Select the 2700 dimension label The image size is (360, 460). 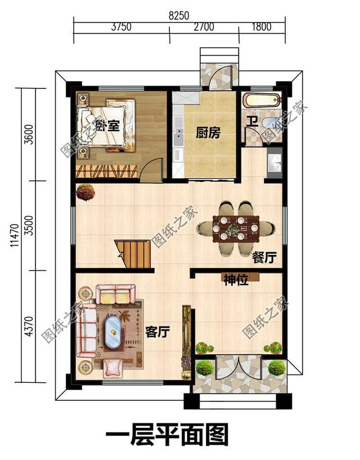point(204,26)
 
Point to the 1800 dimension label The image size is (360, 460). point(261,26)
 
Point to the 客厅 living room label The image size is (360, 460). point(157,332)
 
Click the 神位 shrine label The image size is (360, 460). point(236,280)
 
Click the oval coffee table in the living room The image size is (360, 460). point(115,333)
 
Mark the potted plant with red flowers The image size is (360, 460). point(85,192)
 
